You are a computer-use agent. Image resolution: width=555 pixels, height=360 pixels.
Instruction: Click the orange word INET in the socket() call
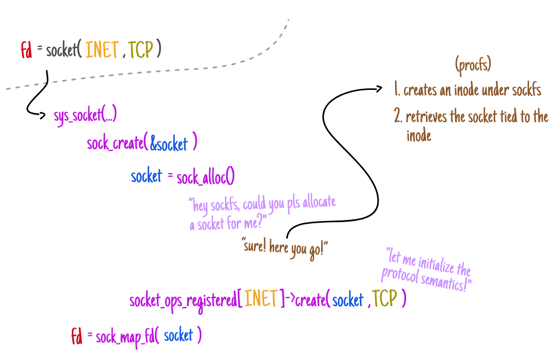coord(102,50)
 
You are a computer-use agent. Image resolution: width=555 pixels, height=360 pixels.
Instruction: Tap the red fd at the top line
coord(26,50)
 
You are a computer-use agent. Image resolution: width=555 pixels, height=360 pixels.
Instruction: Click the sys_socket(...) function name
coord(85,115)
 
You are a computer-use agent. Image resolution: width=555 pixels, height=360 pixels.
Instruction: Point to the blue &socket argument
coord(169,144)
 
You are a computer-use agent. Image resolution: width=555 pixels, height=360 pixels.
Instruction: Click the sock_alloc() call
coord(206,176)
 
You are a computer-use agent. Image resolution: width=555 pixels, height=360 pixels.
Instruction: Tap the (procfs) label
coord(473,65)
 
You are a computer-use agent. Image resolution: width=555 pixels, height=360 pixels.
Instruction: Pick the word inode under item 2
coord(419,136)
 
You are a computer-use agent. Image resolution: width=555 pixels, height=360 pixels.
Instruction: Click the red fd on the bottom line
coord(77,335)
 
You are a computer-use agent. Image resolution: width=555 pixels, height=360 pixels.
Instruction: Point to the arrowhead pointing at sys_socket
coord(45,115)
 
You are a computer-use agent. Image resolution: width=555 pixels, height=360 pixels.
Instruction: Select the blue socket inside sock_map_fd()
coord(179,336)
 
